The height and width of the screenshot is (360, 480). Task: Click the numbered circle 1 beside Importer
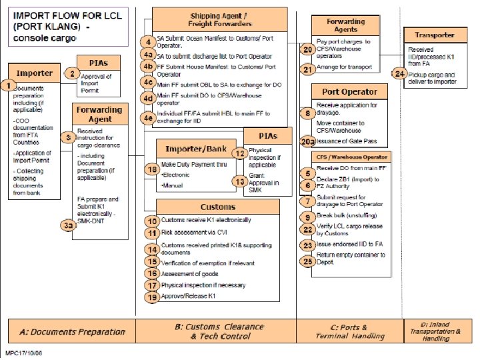tap(8, 85)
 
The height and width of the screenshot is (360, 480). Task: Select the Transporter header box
tap(435, 35)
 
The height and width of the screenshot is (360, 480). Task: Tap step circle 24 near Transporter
tap(399, 74)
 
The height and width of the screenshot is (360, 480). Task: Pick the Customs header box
tap(217, 207)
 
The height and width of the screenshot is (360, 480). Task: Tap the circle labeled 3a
tap(68, 226)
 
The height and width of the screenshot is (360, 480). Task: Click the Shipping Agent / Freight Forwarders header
tap(220, 20)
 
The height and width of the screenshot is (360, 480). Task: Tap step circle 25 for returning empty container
tap(307, 261)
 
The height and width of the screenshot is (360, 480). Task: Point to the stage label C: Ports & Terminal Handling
tap(350, 331)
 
